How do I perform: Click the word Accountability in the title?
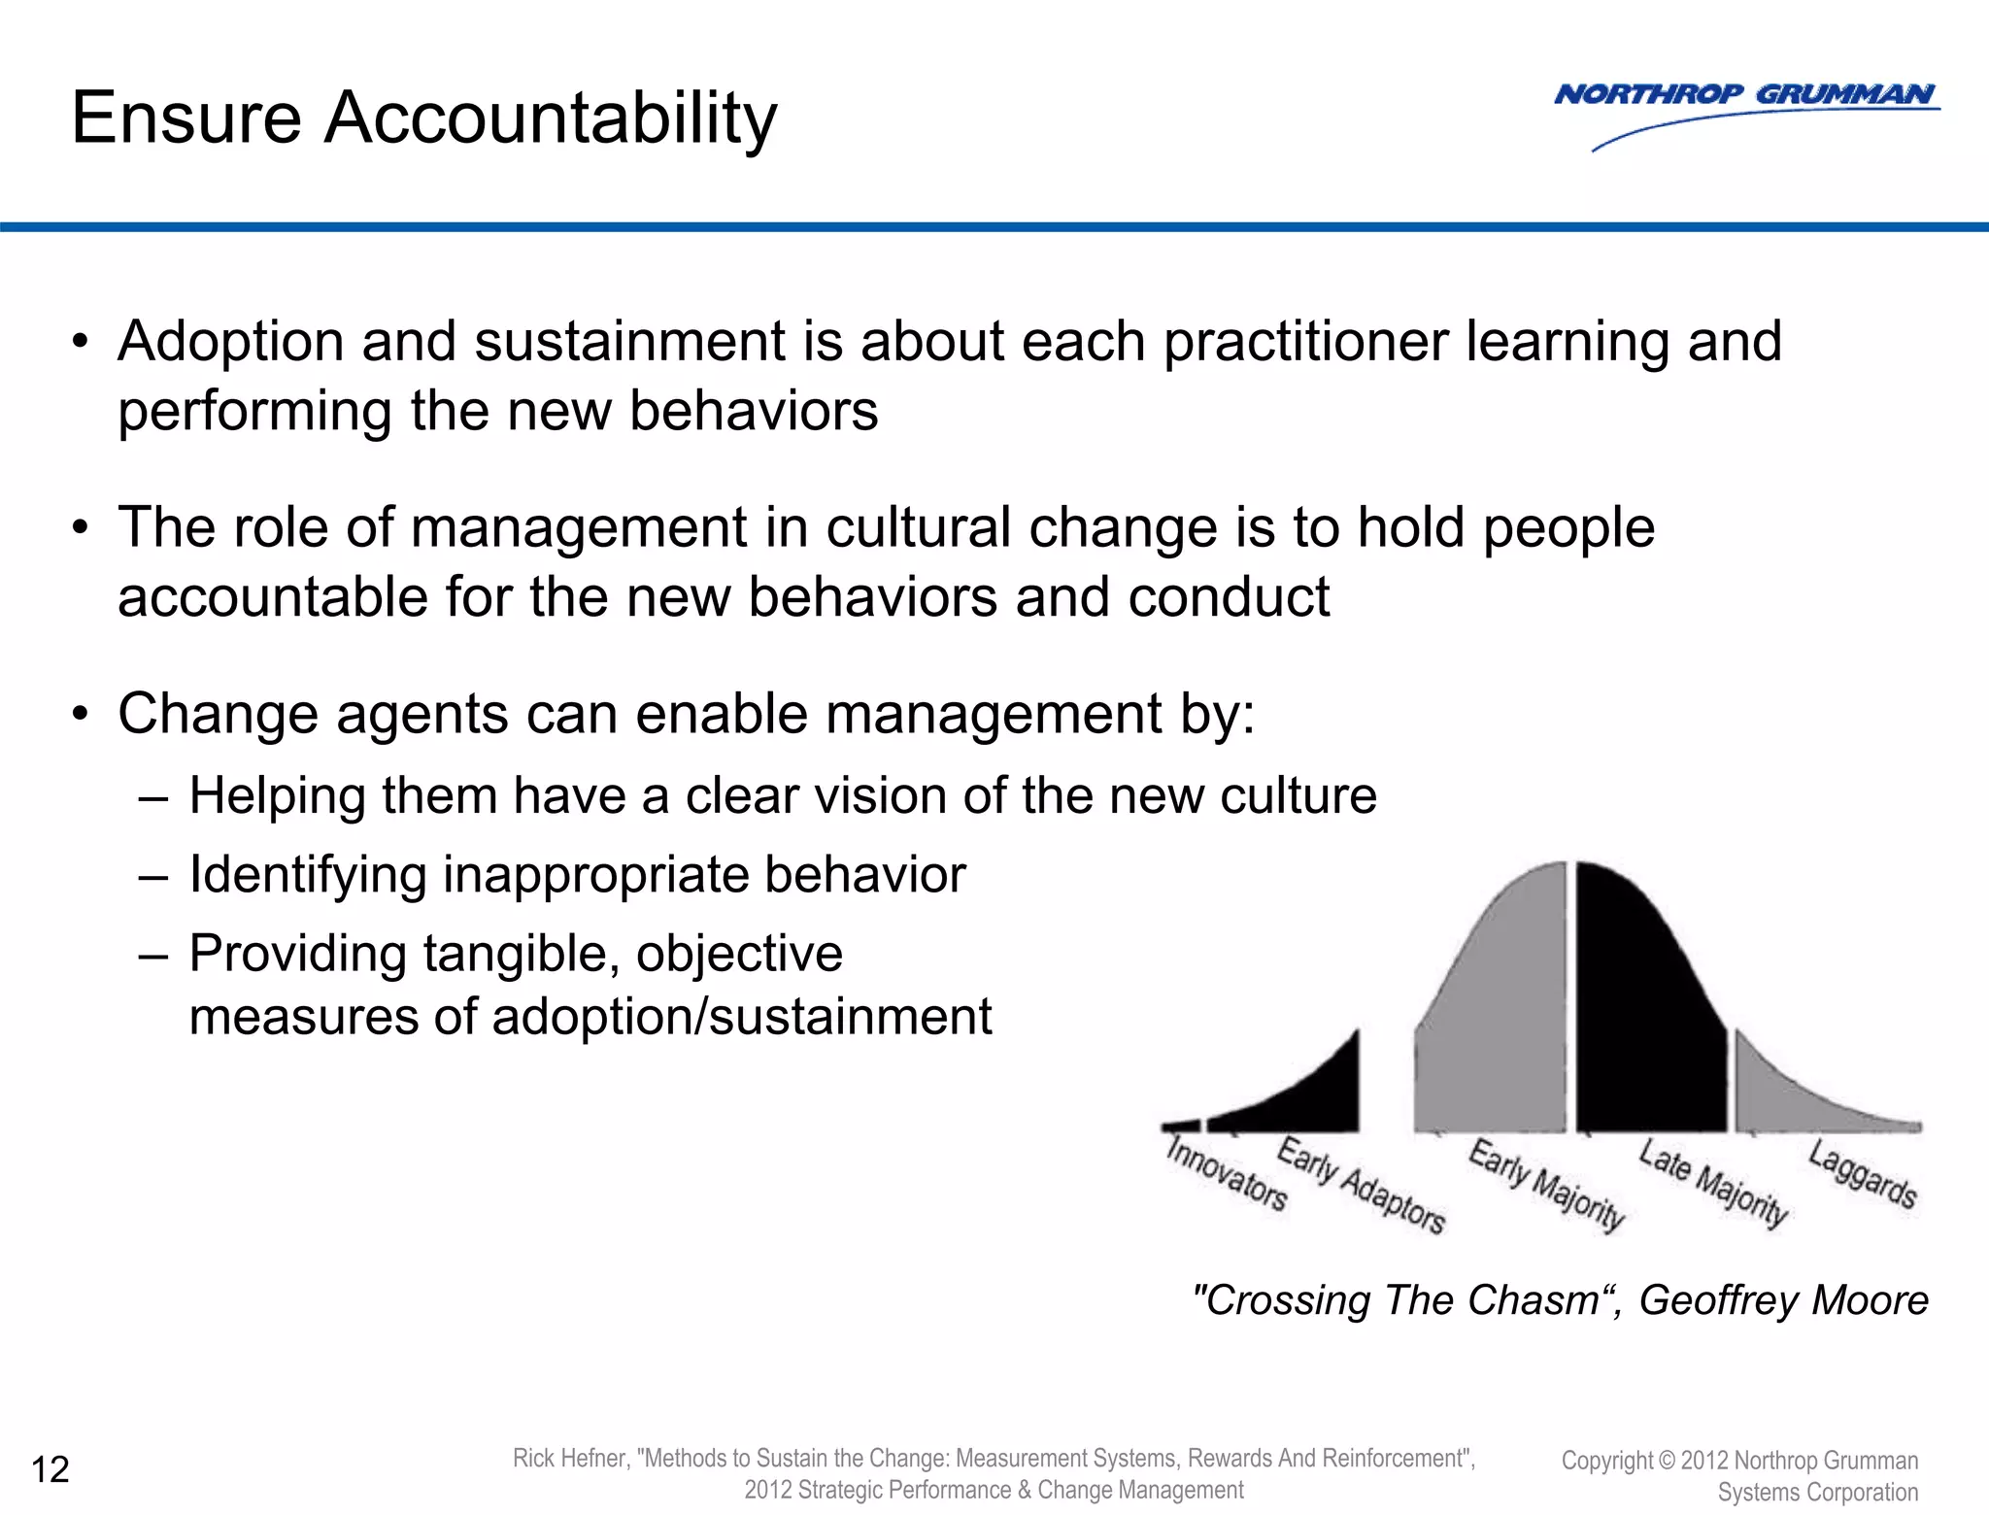point(550,118)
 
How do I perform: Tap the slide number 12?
point(51,1470)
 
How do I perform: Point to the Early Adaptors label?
point(1361,1185)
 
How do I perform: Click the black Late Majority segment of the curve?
point(1646,1020)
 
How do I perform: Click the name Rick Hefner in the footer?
point(570,1459)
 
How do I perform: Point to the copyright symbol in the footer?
point(1667,1461)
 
